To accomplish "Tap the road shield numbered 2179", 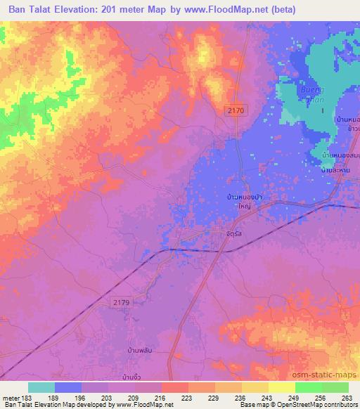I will tap(120, 301).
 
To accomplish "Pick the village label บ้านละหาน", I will tap(335, 170).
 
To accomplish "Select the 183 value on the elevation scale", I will tap(25, 397).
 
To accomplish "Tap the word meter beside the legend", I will tap(10, 397).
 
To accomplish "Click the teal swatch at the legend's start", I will tap(41, 387).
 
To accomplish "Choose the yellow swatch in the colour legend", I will tap(281, 387).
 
